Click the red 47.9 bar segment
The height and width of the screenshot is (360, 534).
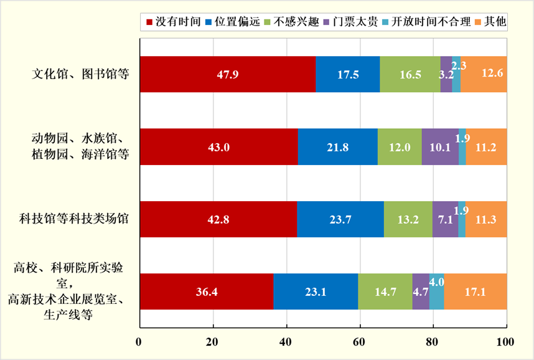[228, 74]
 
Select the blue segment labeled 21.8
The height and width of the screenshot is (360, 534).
[337, 147]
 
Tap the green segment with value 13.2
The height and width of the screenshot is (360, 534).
[408, 219]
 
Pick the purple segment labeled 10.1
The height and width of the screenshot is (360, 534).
[440, 147]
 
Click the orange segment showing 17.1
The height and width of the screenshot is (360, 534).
[475, 291]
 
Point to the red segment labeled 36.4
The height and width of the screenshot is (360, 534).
[206, 291]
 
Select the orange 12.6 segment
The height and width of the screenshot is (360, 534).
[484, 74]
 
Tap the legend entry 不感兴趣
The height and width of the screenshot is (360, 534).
[297, 22]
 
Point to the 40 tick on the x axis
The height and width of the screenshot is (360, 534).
[286, 341]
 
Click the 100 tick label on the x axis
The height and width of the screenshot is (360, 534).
[505, 341]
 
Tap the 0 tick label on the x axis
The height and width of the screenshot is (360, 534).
[140, 341]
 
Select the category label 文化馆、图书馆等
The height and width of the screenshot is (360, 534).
[80, 74]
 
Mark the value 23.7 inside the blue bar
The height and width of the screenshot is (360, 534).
[340, 219]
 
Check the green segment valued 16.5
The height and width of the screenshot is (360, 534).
[410, 74]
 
